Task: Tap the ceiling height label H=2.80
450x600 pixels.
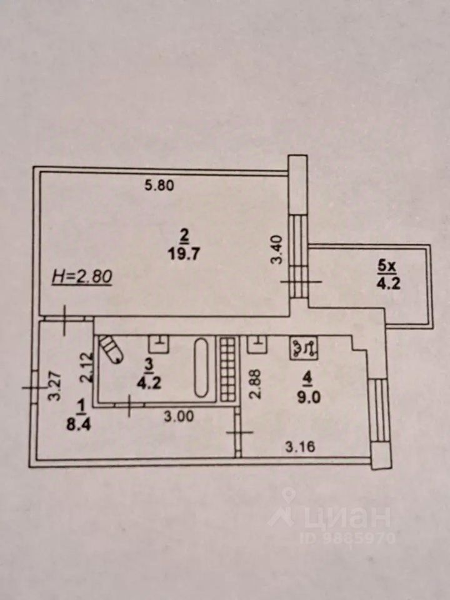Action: (x=81, y=276)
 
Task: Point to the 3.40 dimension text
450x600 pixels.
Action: (x=277, y=250)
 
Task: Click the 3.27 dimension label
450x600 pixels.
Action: (x=54, y=386)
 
